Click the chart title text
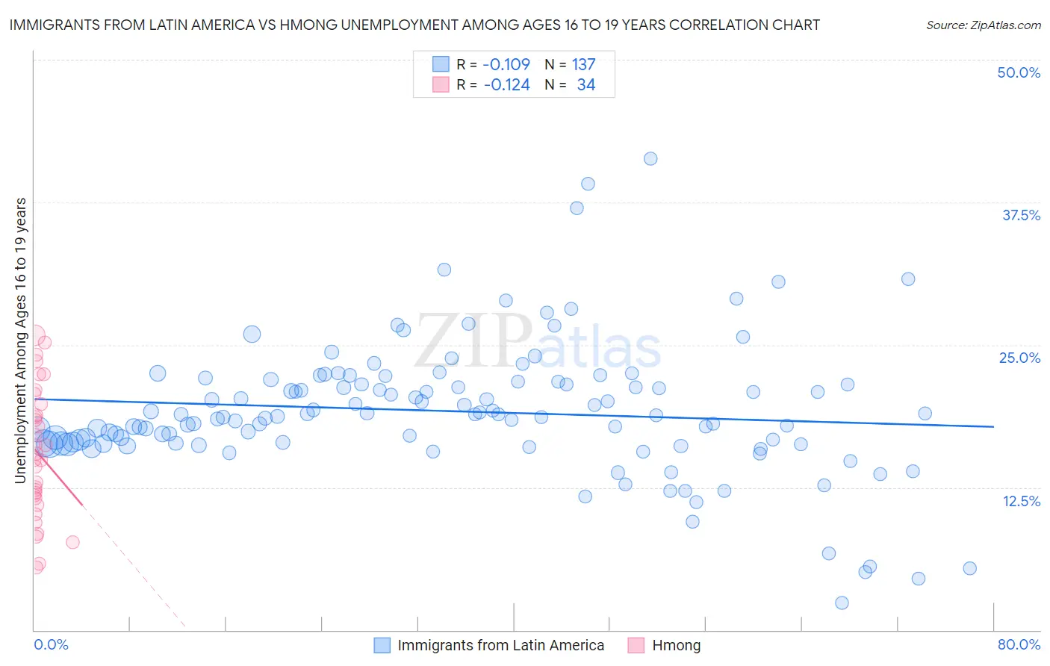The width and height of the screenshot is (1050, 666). click(414, 25)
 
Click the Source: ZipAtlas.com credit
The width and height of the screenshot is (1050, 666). click(983, 25)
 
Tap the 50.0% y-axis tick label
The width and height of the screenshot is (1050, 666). click(1019, 72)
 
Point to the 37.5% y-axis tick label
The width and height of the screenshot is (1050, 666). click(1021, 215)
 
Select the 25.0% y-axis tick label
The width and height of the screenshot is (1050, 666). click(1019, 358)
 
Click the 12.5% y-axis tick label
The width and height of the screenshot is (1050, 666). click(1021, 501)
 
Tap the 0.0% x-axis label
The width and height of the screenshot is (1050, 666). click(51, 644)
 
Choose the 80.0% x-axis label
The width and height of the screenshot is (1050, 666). click(1019, 644)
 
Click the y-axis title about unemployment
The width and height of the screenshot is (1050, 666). click(21, 340)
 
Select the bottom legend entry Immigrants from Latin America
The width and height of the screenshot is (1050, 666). click(500, 645)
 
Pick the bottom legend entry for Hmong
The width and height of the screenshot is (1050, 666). click(676, 645)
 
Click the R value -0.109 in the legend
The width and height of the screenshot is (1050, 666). click(506, 64)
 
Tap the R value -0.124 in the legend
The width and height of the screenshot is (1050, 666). click(506, 85)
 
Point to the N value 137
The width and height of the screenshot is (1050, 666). click(583, 64)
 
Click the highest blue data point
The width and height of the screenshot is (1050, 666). click(650, 158)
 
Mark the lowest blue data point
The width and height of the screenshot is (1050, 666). click(842, 603)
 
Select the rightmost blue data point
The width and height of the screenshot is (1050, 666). click(969, 568)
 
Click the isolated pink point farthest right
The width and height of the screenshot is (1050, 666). click(72, 542)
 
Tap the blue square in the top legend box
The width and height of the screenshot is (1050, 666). click(441, 64)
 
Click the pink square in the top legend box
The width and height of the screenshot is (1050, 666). click(441, 85)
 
